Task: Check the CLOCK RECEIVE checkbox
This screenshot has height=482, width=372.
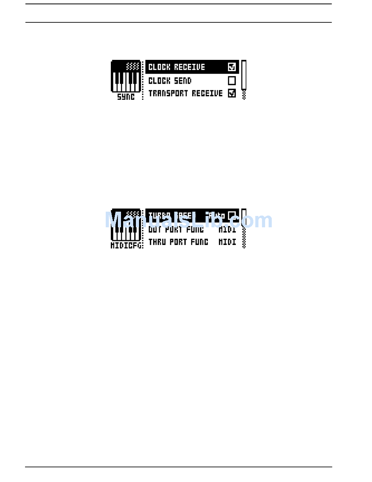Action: click(x=232, y=67)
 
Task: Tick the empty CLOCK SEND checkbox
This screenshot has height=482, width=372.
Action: click(x=232, y=81)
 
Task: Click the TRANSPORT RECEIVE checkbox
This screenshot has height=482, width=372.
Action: click(x=232, y=94)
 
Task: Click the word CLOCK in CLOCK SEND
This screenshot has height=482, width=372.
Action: click(x=159, y=81)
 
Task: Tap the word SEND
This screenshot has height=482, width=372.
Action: click(x=183, y=81)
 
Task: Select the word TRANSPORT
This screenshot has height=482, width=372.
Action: click(x=168, y=94)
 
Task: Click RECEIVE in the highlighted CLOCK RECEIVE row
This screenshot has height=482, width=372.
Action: click(x=190, y=67)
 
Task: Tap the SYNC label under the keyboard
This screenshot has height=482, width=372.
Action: click(x=126, y=97)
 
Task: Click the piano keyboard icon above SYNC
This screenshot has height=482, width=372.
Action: click(x=126, y=76)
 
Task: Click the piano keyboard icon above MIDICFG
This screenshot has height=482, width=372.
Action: click(x=126, y=225)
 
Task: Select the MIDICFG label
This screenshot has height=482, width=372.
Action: click(x=126, y=245)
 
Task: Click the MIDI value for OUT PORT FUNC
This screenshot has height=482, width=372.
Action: click(x=227, y=230)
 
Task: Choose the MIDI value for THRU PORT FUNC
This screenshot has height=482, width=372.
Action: click(x=227, y=242)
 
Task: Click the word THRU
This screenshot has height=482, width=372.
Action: click(x=157, y=242)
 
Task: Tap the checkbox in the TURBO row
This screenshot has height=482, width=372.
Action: click(x=232, y=215)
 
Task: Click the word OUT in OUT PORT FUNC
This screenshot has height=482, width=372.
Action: click(x=155, y=230)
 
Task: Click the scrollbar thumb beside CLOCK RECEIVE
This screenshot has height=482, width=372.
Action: click(x=244, y=74)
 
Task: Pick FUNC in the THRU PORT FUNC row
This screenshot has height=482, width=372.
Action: click(x=199, y=242)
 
